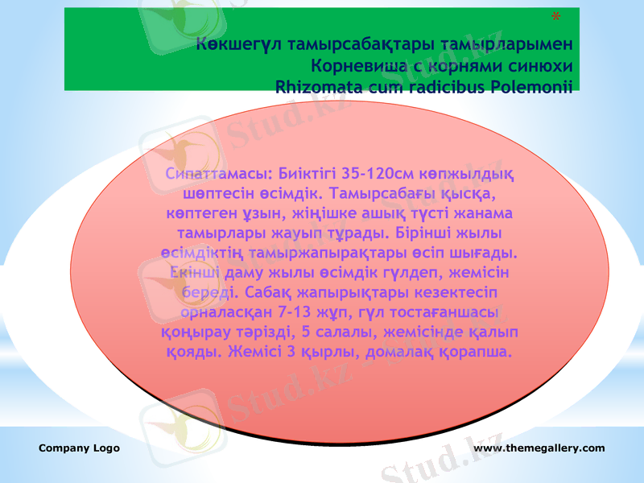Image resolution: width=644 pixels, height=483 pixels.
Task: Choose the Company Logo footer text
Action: (x=79, y=448)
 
